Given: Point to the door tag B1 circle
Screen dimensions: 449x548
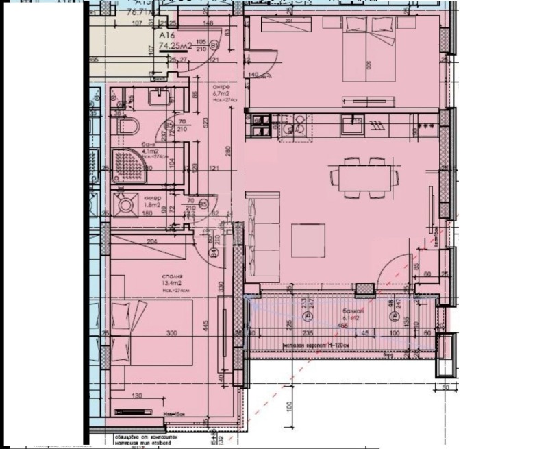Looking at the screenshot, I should point(214,46).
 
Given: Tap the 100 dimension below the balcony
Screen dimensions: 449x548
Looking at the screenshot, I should point(289,406).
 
